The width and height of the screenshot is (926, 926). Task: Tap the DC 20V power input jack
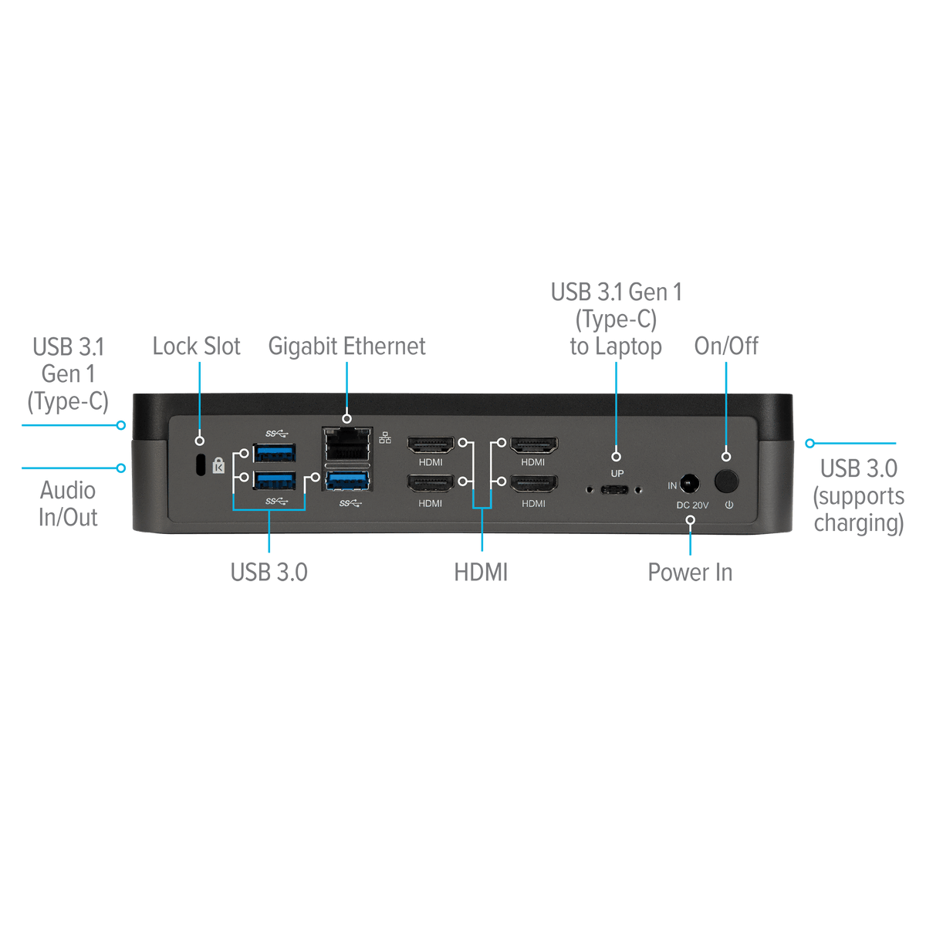pos(690,483)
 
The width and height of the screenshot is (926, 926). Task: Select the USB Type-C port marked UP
pos(614,490)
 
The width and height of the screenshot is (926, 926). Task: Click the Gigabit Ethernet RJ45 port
pos(347,444)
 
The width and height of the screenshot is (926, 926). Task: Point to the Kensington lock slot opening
pos(201,465)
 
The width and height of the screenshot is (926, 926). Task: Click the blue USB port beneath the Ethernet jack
pos(347,480)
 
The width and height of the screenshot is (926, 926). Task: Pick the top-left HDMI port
pos(431,445)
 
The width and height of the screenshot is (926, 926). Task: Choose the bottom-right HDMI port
pos(533,484)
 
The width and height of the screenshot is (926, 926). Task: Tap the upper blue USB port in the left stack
pos(275,453)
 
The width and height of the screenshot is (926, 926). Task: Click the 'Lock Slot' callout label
pos(196,346)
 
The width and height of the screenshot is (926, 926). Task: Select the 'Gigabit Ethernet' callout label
pos(347,346)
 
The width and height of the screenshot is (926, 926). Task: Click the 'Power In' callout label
pos(690,572)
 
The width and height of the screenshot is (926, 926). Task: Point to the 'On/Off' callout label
pos(726,346)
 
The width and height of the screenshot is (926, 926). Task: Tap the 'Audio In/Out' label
pos(68,504)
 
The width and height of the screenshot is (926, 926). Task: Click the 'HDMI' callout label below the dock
pos(481,573)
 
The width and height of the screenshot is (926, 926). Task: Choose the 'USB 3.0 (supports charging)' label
pos(859,495)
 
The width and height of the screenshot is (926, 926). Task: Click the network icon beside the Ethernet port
pos(385,438)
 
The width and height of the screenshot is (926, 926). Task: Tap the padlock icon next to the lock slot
pos(218,465)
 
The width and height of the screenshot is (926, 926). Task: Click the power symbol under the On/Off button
pos(729,505)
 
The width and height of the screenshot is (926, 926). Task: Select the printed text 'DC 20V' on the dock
pos(692,505)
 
